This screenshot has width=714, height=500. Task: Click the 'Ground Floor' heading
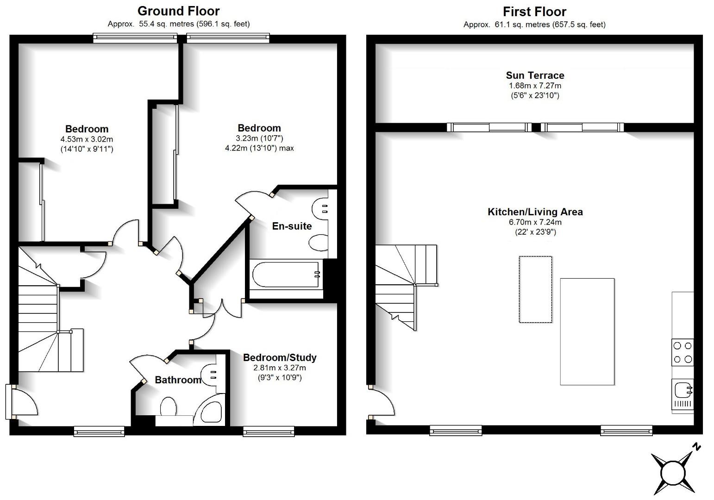click(x=178, y=11)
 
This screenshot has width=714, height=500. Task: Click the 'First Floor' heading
click(x=534, y=12)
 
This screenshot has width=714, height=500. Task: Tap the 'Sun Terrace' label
click(x=535, y=75)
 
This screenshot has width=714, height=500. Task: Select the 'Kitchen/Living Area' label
click(x=535, y=212)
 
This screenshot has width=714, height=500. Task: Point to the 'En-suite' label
click(x=292, y=226)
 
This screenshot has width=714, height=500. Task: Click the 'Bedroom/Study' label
click(x=280, y=357)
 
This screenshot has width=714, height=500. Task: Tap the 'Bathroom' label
click(x=178, y=380)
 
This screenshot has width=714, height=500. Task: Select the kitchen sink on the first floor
click(x=683, y=390)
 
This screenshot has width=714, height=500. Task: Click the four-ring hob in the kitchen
click(x=683, y=352)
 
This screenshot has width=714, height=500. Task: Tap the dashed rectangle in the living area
click(x=535, y=289)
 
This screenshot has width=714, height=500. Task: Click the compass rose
click(x=672, y=473)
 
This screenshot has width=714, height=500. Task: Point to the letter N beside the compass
click(x=696, y=447)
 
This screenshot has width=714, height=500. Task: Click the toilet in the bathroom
click(x=169, y=408)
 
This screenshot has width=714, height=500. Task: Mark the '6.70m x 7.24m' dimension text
click(x=535, y=222)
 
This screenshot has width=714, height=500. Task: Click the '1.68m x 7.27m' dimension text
click(x=535, y=86)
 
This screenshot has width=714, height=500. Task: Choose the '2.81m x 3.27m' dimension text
click(x=280, y=368)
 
